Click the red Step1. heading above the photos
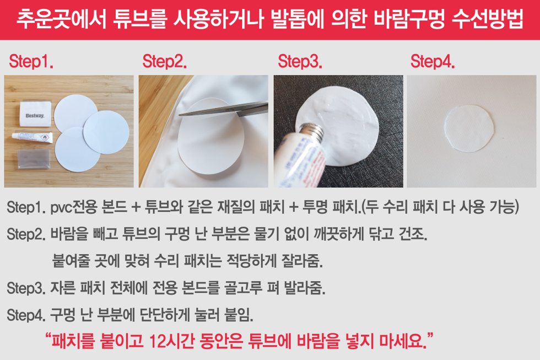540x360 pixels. tap(31, 61)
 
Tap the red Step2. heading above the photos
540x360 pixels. tap(165, 61)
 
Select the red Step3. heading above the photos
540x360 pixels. tap(300, 61)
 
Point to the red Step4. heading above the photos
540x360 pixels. tap(433, 61)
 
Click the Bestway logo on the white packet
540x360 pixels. tap(35, 116)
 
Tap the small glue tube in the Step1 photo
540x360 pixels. tap(33, 137)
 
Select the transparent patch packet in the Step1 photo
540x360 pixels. tap(34, 159)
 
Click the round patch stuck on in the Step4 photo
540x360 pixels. tap(469, 128)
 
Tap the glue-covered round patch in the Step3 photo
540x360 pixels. tap(337, 126)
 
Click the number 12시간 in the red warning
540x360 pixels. tap(171, 341)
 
